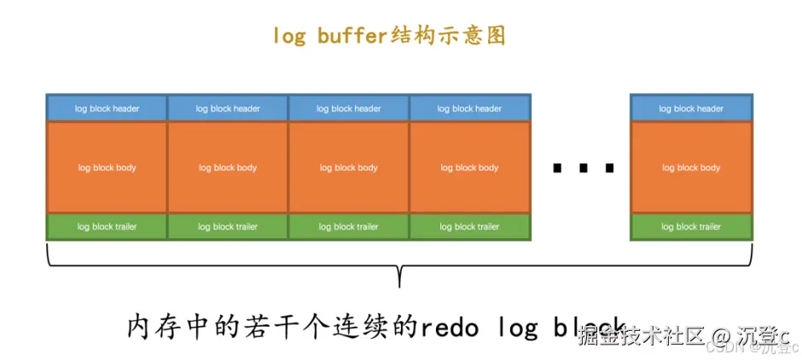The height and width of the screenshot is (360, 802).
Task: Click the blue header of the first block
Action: (x=107, y=108)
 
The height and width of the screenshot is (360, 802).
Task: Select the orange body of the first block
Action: (x=107, y=168)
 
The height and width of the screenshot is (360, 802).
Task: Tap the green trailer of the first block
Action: (x=107, y=227)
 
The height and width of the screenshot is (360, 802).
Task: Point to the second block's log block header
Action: (x=228, y=108)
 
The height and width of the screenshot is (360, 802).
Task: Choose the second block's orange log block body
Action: (x=228, y=168)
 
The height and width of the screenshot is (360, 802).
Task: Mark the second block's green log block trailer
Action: (x=228, y=227)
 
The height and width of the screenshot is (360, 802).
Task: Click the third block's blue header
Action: (x=348, y=108)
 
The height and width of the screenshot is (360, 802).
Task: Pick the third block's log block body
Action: (x=348, y=168)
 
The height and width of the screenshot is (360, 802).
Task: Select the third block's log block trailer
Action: (x=348, y=227)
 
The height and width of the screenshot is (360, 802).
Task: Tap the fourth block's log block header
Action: (x=469, y=108)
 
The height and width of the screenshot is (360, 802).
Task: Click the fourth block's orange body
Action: (x=469, y=168)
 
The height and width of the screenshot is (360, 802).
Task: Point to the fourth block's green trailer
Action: (x=469, y=227)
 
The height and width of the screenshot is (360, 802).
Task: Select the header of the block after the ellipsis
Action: (x=691, y=108)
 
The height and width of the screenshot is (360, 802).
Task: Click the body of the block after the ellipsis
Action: (x=691, y=168)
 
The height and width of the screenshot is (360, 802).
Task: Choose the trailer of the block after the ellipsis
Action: (x=691, y=227)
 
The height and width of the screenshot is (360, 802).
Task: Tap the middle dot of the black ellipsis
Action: (x=583, y=168)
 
